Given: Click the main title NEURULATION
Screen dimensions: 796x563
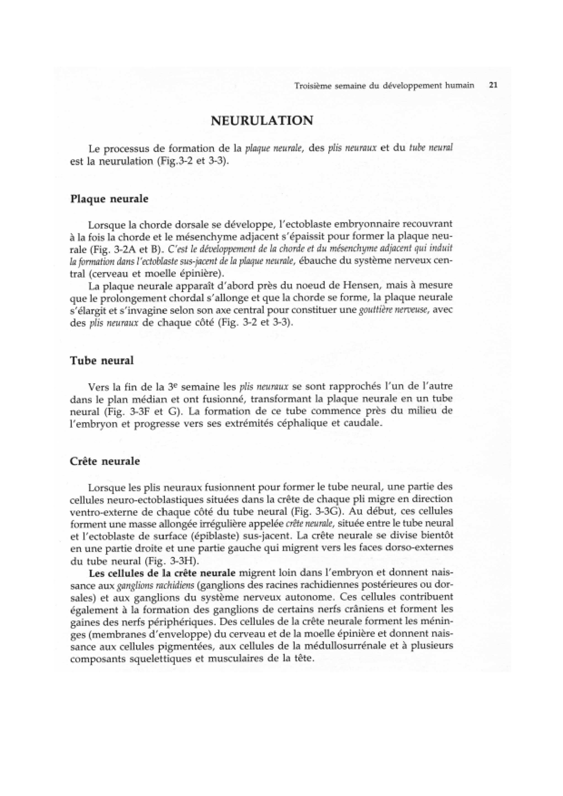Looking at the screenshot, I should click(262, 121).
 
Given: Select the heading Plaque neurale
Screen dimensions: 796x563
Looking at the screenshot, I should click(109, 199).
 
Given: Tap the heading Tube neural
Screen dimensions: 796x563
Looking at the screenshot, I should click(102, 361).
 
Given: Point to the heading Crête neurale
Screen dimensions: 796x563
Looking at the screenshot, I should click(105, 461).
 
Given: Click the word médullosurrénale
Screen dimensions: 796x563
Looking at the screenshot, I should click(339, 645).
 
